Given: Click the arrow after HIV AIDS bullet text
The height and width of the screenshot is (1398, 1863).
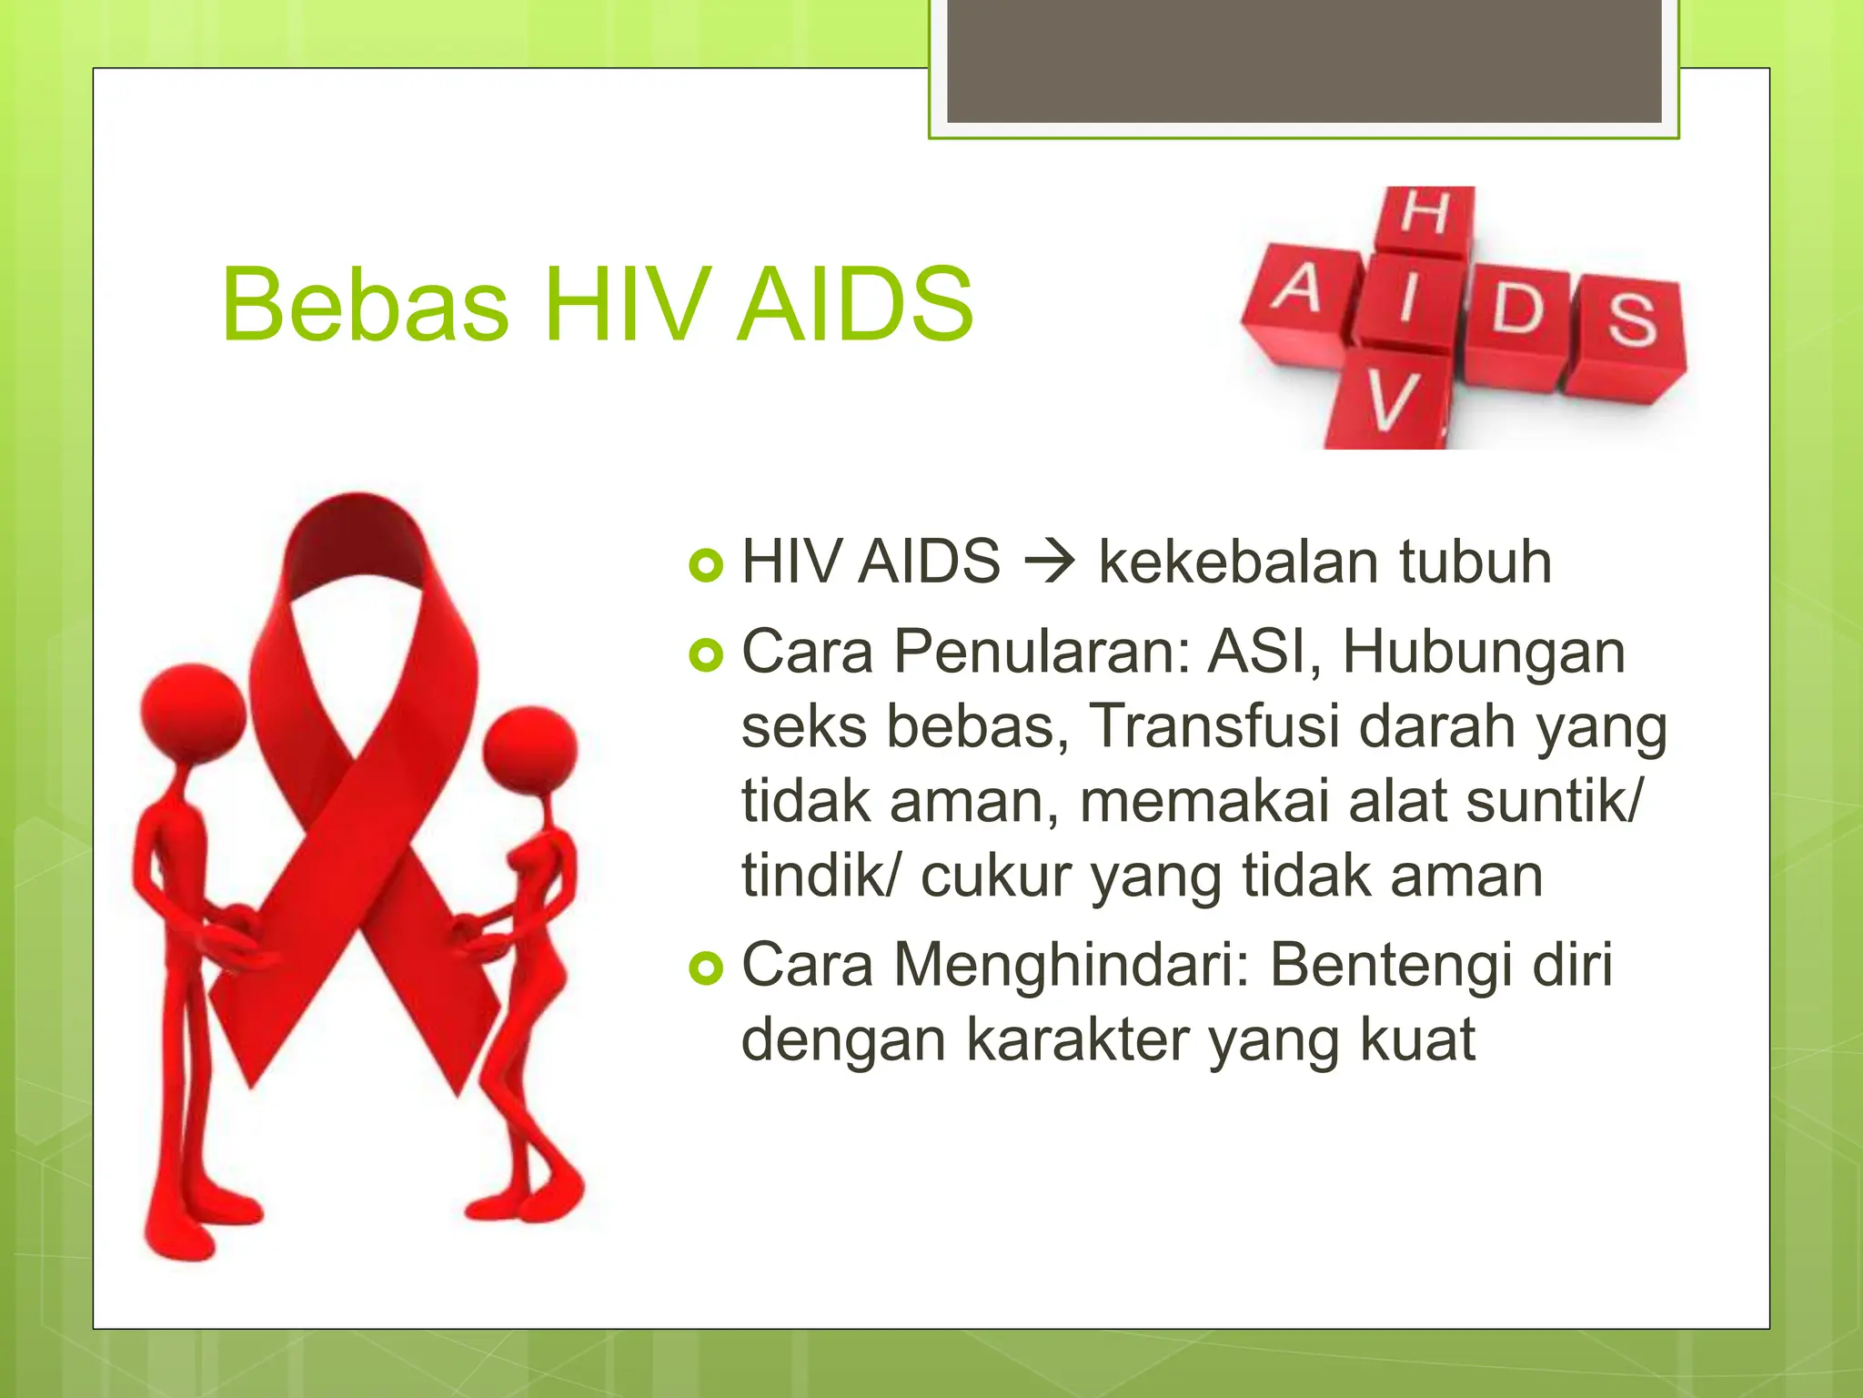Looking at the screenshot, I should [1050, 562].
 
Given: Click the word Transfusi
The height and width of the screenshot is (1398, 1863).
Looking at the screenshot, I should [1215, 726].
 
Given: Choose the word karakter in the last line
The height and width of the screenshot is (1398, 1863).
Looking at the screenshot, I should [1078, 1039].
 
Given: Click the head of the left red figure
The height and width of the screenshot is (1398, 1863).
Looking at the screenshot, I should [193, 713].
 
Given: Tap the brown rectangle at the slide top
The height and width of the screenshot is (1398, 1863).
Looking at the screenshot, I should [1304, 61].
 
